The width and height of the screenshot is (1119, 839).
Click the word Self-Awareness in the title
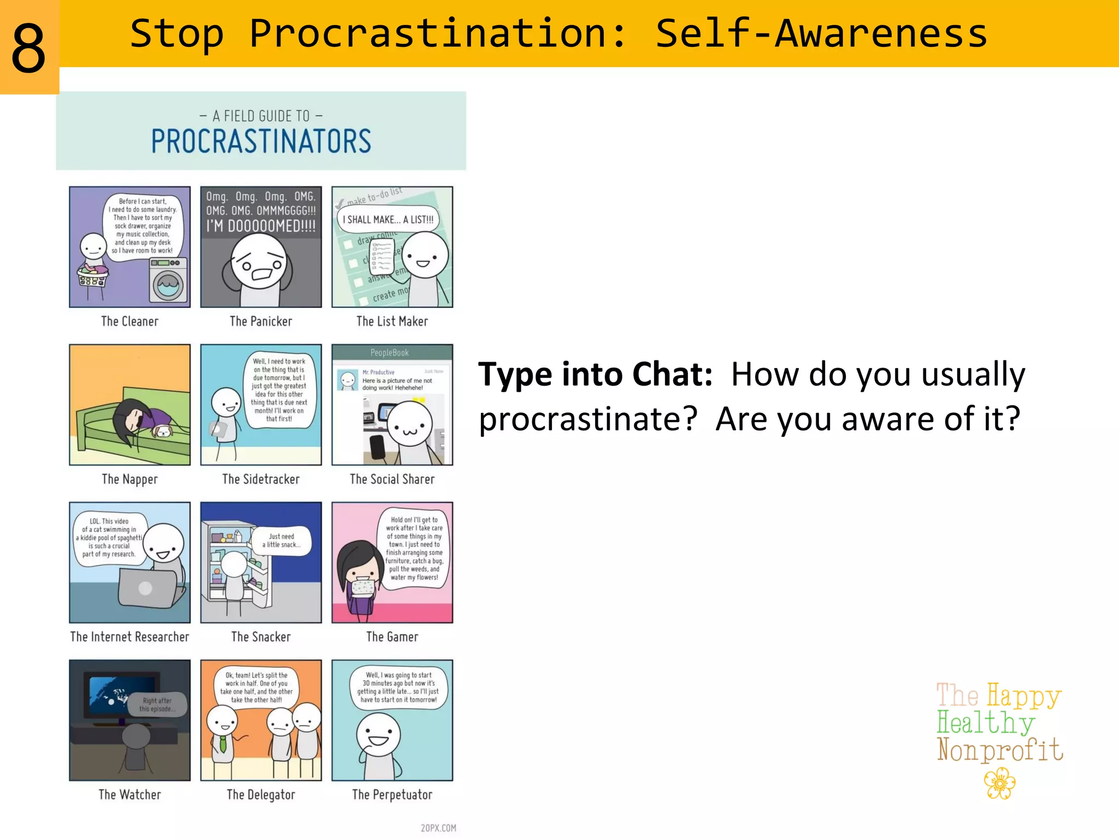click(821, 34)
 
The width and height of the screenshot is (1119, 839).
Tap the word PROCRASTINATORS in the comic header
click(261, 141)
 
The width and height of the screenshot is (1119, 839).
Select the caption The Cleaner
click(129, 321)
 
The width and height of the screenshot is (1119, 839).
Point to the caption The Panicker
click(261, 321)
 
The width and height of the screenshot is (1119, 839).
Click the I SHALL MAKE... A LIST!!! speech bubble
click(388, 220)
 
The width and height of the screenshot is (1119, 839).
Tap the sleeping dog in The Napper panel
click(162, 432)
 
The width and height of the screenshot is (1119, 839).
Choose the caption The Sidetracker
click(261, 479)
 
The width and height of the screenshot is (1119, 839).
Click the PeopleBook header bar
click(392, 352)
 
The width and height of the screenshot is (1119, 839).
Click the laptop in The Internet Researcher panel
click(146, 589)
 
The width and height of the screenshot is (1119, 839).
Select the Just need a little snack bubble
click(281, 540)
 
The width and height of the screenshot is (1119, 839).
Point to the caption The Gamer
click(392, 637)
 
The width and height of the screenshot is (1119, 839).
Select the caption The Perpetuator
click(392, 795)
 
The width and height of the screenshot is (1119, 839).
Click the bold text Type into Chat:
click(595, 375)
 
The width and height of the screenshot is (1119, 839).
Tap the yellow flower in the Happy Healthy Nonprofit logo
click(999, 783)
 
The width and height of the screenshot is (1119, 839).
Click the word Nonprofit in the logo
click(999, 751)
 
